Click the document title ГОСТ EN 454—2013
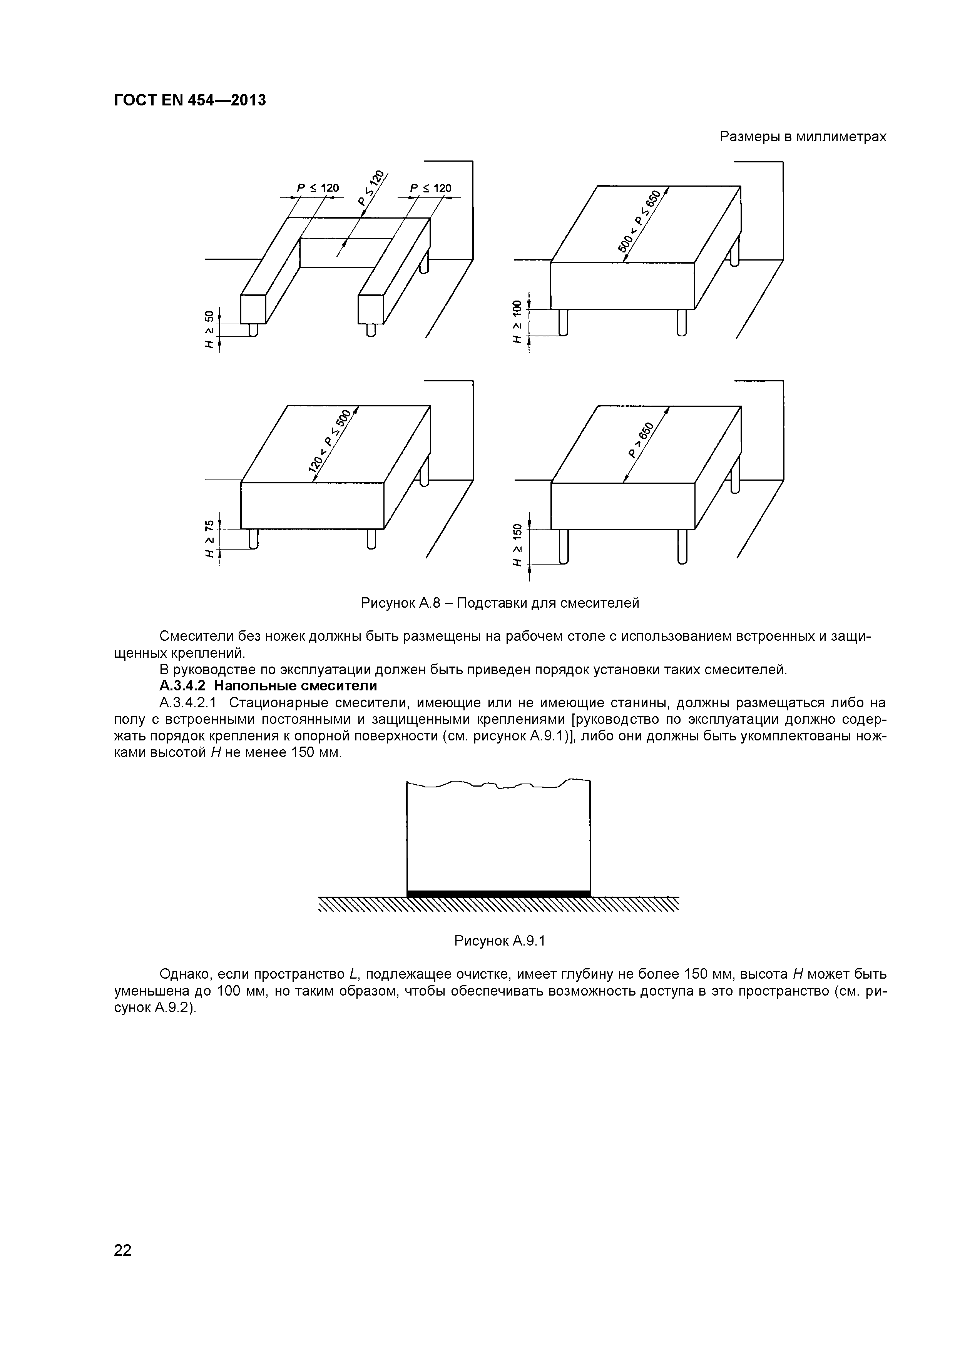(189, 100)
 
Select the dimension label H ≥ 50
(209, 329)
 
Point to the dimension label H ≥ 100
(517, 322)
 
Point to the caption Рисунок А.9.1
(500, 941)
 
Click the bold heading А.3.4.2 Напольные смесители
(268, 686)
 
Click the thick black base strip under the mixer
(498, 894)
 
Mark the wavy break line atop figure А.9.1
(498, 784)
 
